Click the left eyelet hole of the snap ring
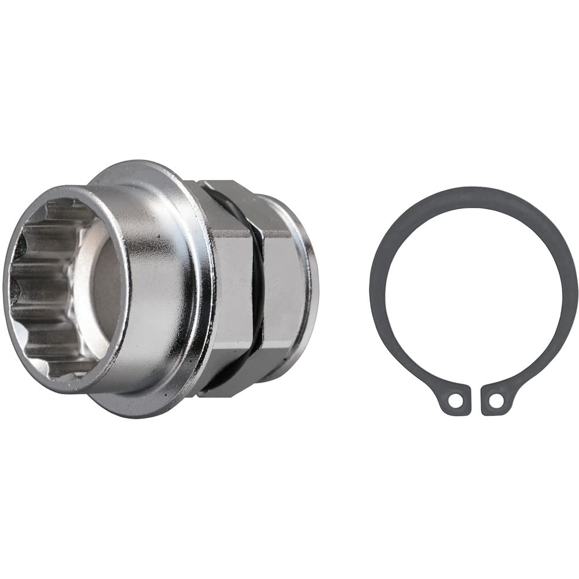[x=457, y=400]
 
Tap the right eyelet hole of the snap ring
[x=495, y=400]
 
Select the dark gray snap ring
[x=556, y=243]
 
